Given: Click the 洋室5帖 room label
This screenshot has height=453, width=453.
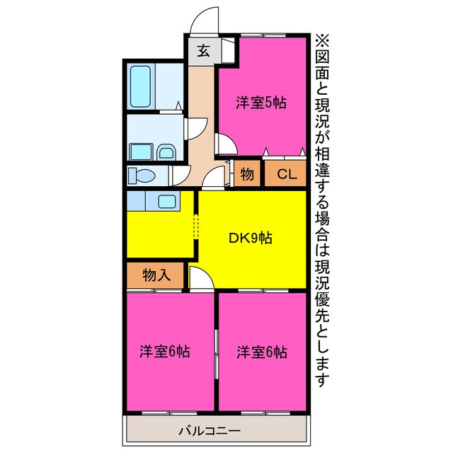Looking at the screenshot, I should click(261, 102).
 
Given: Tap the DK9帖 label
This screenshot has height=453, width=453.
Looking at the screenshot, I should click(250, 238).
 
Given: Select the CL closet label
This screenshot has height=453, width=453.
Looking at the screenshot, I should click(287, 174).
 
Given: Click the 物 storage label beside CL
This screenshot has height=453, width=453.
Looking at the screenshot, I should click(247, 174).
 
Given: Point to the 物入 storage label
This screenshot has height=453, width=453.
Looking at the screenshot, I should click(156, 275).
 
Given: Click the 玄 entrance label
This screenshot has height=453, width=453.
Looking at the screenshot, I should click(202, 51).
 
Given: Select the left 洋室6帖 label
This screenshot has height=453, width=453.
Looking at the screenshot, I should click(164, 351).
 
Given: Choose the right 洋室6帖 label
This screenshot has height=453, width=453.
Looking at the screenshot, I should click(262, 351).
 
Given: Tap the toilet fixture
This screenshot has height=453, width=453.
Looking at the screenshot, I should click(142, 175).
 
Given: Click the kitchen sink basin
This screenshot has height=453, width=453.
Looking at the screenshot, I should click(168, 202).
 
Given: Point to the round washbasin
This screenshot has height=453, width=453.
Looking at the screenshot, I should click(165, 151).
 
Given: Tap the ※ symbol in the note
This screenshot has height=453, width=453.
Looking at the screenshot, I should click(322, 40).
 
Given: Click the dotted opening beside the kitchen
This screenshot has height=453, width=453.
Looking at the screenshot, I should click(197, 228).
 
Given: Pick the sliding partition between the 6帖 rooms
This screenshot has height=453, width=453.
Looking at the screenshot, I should click(216, 351).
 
